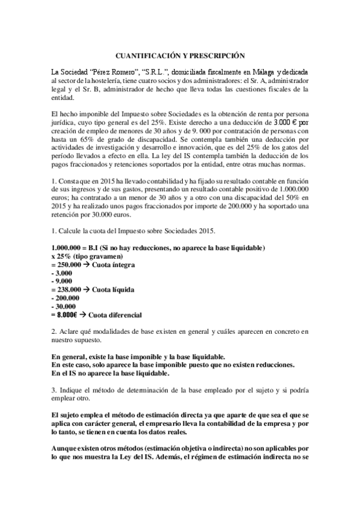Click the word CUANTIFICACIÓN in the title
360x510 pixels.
pos(151,55)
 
